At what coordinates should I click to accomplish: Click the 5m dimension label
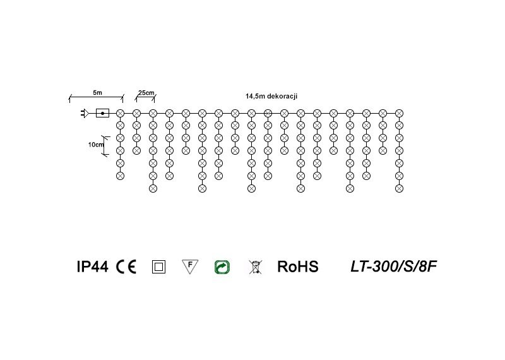(x=97, y=93)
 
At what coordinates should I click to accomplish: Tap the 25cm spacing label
(x=146, y=93)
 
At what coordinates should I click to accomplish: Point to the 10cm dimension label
(x=96, y=145)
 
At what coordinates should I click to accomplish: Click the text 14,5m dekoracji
(x=271, y=96)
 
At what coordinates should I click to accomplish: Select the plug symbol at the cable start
(x=83, y=114)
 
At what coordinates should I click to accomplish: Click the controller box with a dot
(x=102, y=114)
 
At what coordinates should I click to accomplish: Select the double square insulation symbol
(x=158, y=267)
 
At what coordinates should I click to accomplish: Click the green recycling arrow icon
(x=222, y=267)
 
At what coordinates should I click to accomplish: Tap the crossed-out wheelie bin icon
(x=255, y=267)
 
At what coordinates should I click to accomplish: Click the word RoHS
(x=298, y=267)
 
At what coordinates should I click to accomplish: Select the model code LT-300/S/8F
(x=393, y=267)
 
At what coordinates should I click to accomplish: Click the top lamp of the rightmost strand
(x=399, y=113)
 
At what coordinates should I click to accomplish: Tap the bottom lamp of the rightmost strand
(x=399, y=188)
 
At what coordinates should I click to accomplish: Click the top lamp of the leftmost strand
(x=120, y=113)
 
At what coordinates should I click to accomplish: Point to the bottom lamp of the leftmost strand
(x=120, y=175)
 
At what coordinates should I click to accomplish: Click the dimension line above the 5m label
(x=95, y=97)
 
